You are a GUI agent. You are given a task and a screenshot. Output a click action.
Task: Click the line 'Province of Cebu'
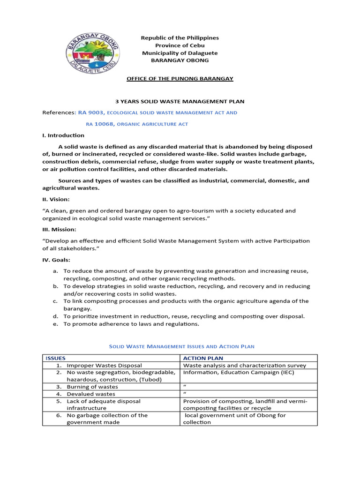point(180,45)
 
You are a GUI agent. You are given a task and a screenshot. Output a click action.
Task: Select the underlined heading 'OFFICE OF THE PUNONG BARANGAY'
point(180,78)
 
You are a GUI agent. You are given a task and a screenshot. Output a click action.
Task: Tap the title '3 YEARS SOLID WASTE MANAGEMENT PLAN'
point(180,101)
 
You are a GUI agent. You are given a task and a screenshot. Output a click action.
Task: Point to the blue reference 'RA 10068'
point(100,124)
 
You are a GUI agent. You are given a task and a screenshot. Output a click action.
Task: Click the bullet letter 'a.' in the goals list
point(55,271)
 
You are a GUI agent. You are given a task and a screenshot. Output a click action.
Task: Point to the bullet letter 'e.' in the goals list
point(55,324)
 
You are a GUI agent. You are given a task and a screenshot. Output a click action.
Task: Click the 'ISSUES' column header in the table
point(56,358)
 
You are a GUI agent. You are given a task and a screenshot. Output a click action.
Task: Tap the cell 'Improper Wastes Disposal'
point(104,365)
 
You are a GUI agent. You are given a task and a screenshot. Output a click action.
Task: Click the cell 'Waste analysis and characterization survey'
point(244,365)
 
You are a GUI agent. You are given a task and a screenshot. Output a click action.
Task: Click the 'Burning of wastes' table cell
point(92,387)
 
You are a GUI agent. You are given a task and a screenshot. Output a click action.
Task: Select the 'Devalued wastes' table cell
point(91,394)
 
